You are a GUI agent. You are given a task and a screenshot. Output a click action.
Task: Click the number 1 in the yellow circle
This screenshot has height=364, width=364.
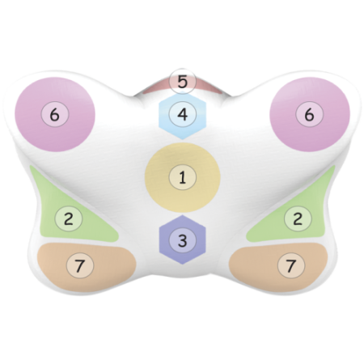[183, 178]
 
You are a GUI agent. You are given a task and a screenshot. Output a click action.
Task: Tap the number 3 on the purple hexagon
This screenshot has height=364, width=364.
[183, 240]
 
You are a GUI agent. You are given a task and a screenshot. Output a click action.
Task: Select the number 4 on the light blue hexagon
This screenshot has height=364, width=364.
[183, 114]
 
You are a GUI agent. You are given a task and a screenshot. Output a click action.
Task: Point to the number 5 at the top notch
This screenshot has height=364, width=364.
[183, 82]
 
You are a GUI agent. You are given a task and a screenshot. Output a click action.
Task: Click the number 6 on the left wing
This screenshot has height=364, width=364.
[55, 115]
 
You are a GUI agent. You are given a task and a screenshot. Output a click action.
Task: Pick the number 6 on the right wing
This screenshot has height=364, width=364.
[309, 115]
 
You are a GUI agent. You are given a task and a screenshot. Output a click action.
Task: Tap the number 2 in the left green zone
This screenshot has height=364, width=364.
[69, 218]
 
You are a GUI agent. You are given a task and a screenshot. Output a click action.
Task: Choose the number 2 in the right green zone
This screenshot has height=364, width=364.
[298, 218]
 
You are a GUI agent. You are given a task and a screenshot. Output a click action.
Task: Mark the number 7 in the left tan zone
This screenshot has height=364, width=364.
[80, 266]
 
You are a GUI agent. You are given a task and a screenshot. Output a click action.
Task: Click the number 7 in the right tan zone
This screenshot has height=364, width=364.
[291, 266]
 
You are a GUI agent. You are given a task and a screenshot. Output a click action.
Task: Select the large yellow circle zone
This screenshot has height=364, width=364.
[183, 178]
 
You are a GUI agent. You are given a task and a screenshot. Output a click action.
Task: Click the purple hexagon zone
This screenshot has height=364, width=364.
[183, 239]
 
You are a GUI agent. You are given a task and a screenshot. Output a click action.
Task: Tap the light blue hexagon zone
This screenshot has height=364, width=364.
[183, 116]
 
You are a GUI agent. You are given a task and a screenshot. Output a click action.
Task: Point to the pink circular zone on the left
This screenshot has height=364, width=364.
[55, 115]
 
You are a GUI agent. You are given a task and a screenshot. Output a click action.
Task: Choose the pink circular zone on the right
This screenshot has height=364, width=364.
[310, 115]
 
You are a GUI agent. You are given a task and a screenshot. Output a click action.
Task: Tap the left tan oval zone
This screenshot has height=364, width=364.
[87, 267]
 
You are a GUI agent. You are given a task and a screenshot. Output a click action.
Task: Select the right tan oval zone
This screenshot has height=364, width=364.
[278, 267]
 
